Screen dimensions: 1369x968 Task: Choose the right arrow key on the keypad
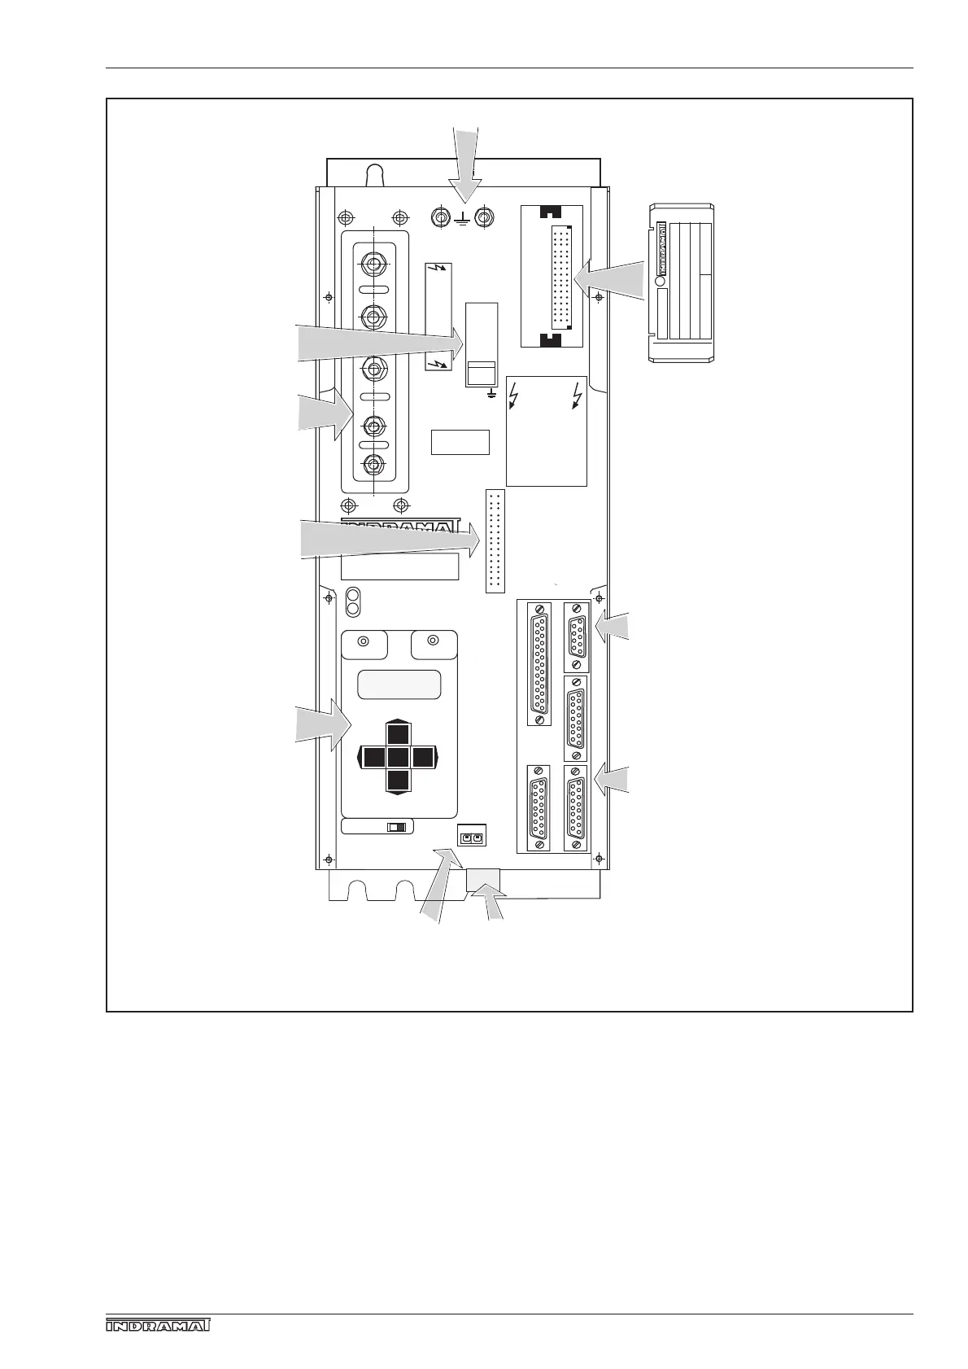(423, 758)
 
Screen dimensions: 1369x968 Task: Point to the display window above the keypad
(399, 684)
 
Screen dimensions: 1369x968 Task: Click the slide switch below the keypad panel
(397, 827)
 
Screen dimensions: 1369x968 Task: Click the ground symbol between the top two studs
(462, 219)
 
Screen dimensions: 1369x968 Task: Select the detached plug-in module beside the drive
(682, 282)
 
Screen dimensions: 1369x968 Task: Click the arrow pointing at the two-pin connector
(438, 883)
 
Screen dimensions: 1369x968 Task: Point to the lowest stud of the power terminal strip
(373, 464)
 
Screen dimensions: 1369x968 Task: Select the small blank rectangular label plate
(460, 442)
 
